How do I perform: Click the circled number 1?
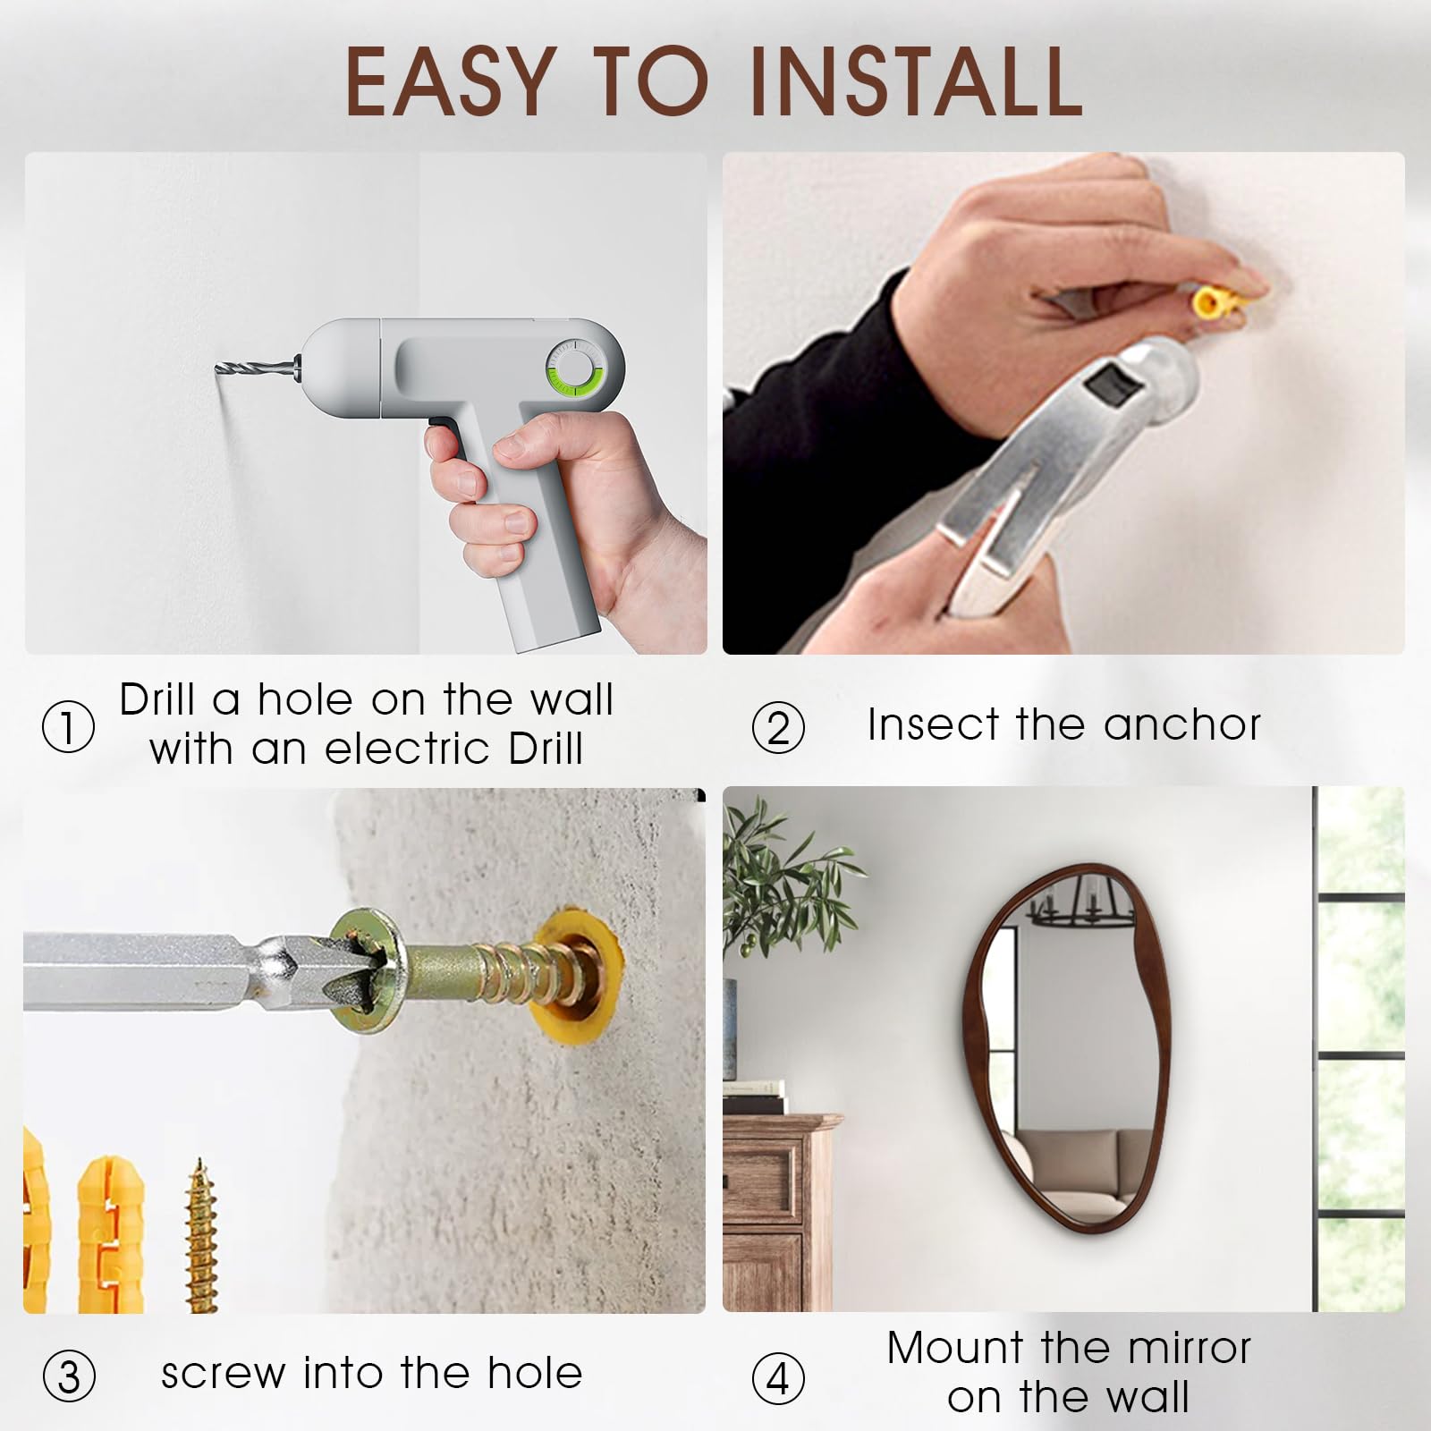tap(68, 726)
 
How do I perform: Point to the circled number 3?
tap(69, 1376)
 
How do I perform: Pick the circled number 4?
tap(778, 1377)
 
